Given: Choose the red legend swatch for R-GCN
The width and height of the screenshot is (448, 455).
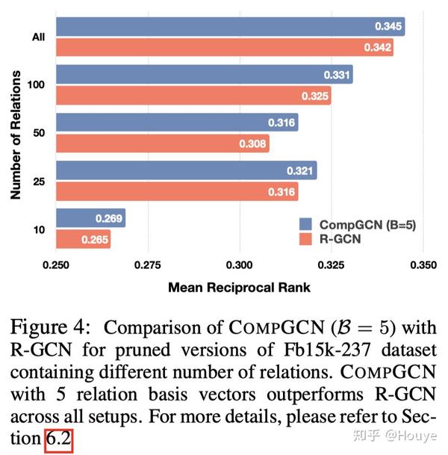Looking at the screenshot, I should [305, 239].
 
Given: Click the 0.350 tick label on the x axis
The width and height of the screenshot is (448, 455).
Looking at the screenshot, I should [423, 265].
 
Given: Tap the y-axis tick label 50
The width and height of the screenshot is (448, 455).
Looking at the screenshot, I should [40, 133].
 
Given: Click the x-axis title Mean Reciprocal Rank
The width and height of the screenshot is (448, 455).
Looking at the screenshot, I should [238, 287].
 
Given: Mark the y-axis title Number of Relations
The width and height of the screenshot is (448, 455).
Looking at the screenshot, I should [15, 132].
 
